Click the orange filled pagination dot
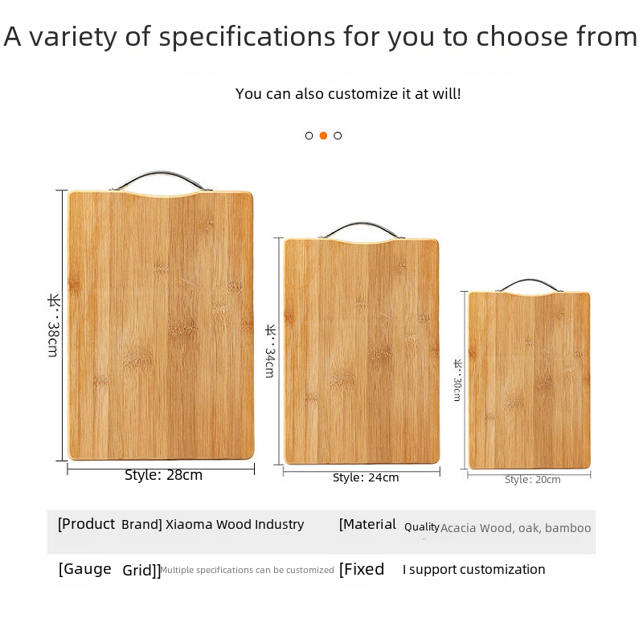[x=323, y=136]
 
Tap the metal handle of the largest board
[x=161, y=174]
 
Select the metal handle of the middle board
[x=362, y=224]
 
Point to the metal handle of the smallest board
[x=530, y=281]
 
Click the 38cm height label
[x=53, y=326]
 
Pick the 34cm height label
[x=270, y=351]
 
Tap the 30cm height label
[x=457, y=380]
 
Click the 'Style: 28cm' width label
[x=163, y=475]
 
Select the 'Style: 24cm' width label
[x=366, y=477]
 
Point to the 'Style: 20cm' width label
[x=532, y=479]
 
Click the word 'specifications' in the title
[x=247, y=38]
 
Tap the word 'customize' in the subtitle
[x=363, y=94]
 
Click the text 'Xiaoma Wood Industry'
[x=235, y=525]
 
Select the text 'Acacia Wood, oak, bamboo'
[x=515, y=528]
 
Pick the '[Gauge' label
[x=85, y=569]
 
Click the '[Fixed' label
[x=361, y=569]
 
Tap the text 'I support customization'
[x=473, y=570]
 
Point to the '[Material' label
[x=367, y=524]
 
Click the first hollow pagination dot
[x=309, y=136]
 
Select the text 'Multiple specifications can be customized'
[x=247, y=570]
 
